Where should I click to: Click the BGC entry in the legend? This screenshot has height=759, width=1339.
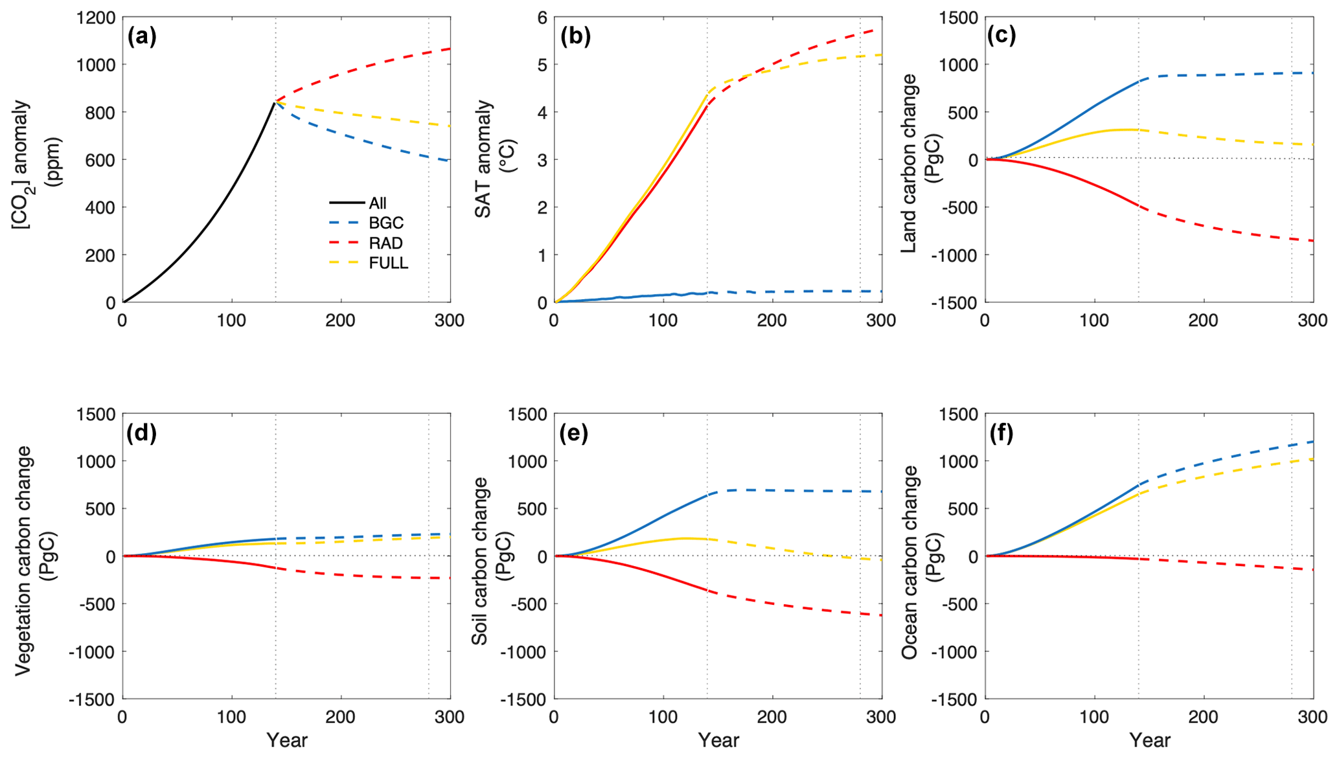click(x=386, y=223)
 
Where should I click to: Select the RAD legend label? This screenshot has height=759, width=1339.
click(x=386, y=244)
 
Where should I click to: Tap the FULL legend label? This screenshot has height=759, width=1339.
click(x=389, y=264)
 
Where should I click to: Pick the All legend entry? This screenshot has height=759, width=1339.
click(x=378, y=203)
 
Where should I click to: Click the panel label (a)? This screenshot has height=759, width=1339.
click(x=142, y=37)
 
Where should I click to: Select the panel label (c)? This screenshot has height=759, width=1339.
click(x=1001, y=36)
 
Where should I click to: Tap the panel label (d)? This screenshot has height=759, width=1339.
click(x=142, y=433)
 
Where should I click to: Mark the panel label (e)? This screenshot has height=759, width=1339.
click(x=574, y=433)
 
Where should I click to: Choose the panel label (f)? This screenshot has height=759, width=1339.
click(x=1001, y=433)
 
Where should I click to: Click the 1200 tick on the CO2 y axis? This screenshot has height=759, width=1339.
click(x=95, y=17)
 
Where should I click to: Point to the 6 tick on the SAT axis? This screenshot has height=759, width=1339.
click(x=542, y=17)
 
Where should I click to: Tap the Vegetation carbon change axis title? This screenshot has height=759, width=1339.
click(x=32, y=560)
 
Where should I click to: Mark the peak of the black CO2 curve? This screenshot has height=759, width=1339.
click(x=275, y=102)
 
